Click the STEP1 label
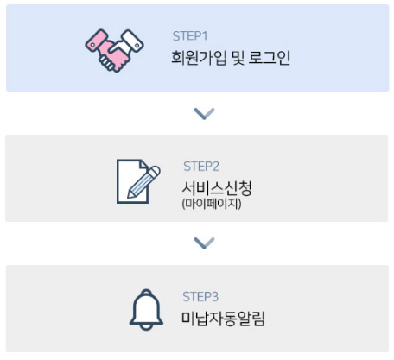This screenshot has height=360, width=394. pyautogui.click(x=190, y=36)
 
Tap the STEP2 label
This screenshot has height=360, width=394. pyautogui.click(x=201, y=167)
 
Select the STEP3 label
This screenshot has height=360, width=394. pyautogui.click(x=200, y=296)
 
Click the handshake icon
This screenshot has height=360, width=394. pyautogui.click(x=114, y=50)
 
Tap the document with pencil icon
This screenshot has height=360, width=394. pyautogui.click(x=138, y=181)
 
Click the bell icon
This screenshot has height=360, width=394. pyautogui.click(x=146, y=310)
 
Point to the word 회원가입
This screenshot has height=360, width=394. pyautogui.click(x=199, y=58)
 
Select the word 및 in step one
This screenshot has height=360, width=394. pyautogui.click(x=238, y=58)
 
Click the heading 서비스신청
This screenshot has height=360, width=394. pyautogui.click(x=217, y=188)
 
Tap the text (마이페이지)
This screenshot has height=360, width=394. pyautogui.click(x=212, y=204)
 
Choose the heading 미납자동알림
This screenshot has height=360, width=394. pyautogui.click(x=223, y=319)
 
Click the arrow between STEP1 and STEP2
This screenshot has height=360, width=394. pyautogui.click(x=204, y=114)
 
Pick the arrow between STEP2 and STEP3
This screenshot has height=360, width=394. pyautogui.click(x=204, y=243)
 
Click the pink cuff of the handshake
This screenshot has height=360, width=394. pyautogui.click(x=96, y=41)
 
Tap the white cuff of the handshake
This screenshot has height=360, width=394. pyautogui.click(x=132, y=41)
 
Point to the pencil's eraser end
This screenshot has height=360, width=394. pyautogui.click(x=155, y=171)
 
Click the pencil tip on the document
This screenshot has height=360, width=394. pyautogui.click(x=130, y=195)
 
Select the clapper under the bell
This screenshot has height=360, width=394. pyautogui.click(x=146, y=327)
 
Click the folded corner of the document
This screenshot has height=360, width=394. pyautogui.click(x=143, y=164)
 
